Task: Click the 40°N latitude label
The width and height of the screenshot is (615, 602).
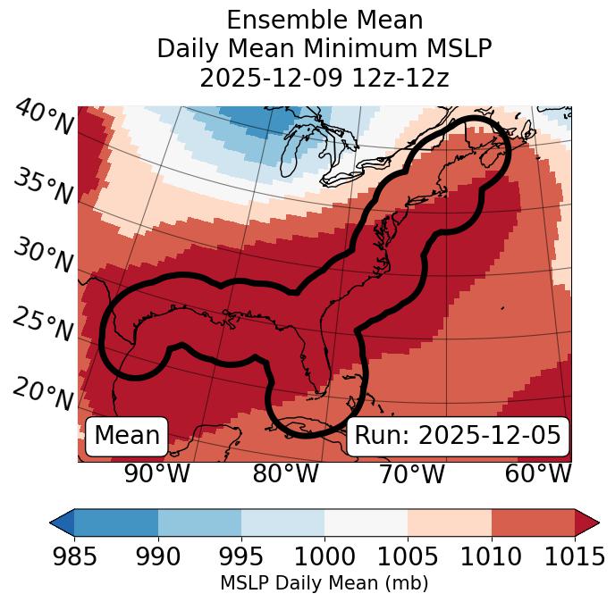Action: point(43,118)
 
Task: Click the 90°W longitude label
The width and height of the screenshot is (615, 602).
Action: point(157,473)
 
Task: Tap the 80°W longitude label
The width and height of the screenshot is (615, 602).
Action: point(286,473)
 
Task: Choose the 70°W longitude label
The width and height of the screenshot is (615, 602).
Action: point(412,473)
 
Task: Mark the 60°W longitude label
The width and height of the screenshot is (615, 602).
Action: point(538,473)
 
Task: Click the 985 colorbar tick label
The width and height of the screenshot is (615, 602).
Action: point(74,556)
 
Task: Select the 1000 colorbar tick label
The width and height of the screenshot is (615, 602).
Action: point(324,556)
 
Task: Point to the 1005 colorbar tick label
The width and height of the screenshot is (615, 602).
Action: point(408,556)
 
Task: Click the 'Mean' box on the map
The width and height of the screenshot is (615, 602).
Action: point(127,435)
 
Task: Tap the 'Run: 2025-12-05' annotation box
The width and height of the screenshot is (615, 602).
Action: point(458,435)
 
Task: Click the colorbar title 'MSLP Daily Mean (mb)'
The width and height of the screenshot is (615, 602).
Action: point(324,584)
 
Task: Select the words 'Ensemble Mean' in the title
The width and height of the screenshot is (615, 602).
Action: point(324,20)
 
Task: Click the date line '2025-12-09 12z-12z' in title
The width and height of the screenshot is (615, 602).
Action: point(324,78)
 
